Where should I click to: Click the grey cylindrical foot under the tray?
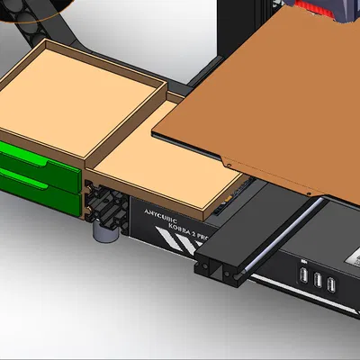[106, 232]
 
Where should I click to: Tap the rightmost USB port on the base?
[332, 285]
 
